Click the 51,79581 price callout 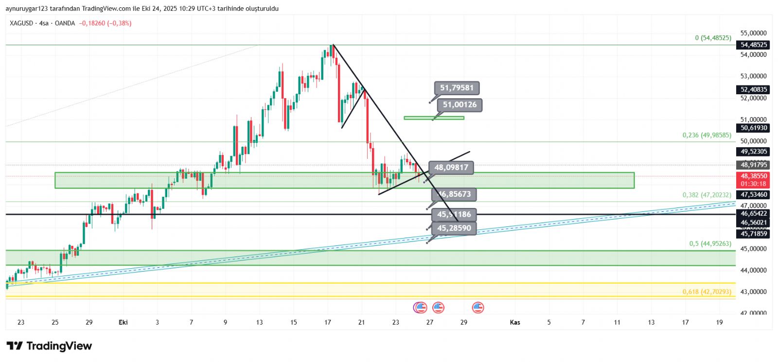coord(457,88)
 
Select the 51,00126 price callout coord(460,105)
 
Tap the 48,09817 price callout coord(451,168)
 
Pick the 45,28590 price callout coord(454,228)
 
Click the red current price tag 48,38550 coord(753,180)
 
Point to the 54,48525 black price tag coord(753,45)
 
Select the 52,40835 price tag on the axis coord(753,89)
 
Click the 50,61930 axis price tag coord(753,128)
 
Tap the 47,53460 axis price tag coord(753,195)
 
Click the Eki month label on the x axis coord(123,322)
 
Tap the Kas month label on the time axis coord(514,322)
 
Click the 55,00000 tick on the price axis coord(753,33)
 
